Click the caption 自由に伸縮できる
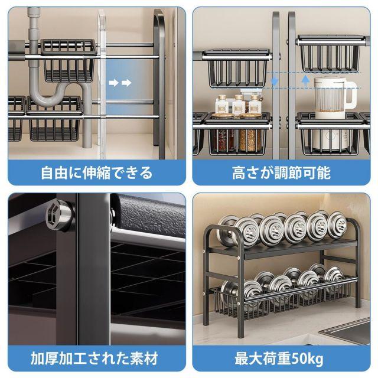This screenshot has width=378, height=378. click(x=97, y=172)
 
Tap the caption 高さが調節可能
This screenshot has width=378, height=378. click(x=281, y=172)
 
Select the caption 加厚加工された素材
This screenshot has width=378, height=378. click(x=94, y=359)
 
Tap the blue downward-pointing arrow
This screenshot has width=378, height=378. click(x=275, y=82)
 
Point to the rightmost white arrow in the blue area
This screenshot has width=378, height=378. click(x=126, y=83)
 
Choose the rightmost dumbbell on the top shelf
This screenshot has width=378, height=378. click(x=336, y=226)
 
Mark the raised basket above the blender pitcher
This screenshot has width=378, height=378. click(x=330, y=54)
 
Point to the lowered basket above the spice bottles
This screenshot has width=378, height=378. click(x=237, y=69)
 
